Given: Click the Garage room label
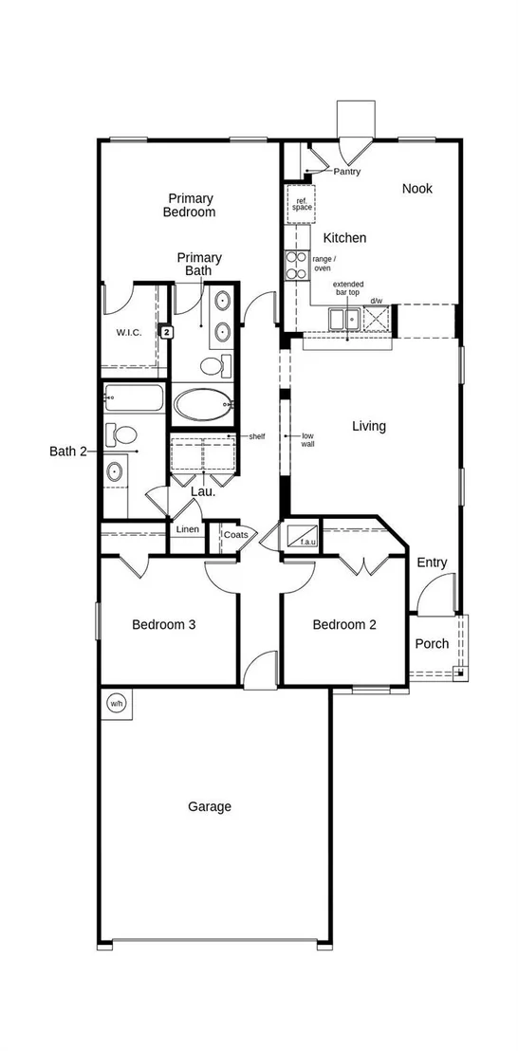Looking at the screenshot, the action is pyautogui.click(x=209, y=806).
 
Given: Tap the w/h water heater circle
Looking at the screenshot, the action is pyautogui.click(x=116, y=704).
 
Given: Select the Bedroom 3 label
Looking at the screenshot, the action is pyautogui.click(x=163, y=625).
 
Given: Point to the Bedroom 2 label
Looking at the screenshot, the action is pyautogui.click(x=344, y=625).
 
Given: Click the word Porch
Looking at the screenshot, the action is pyautogui.click(x=433, y=643).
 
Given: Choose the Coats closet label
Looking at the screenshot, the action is pyautogui.click(x=235, y=535).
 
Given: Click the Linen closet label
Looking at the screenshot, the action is pyautogui.click(x=188, y=529).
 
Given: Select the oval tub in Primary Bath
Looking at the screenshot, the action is pyautogui.click(x=202, y=405).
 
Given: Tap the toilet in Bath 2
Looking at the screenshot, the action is pyautogui.click(x=121, y=434).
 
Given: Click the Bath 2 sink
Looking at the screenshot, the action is pyautogui.click(x=115, y=471).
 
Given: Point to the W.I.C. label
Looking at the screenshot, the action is pyautogui.click(x=129, y=332).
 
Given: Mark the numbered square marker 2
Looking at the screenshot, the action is pyautogui.click(x=167, y=331).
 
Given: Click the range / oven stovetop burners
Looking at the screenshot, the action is pyautogui.click(x=295, y=265).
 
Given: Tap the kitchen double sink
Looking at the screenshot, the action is pyautogui.click(x=344, y=319).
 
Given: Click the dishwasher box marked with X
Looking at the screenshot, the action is pyautogui.click(x=376, y=318).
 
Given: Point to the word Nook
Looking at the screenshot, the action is pyautogui.click(x=416, y=189).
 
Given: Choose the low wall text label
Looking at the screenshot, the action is pyautogui.click(x=308, y=439).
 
